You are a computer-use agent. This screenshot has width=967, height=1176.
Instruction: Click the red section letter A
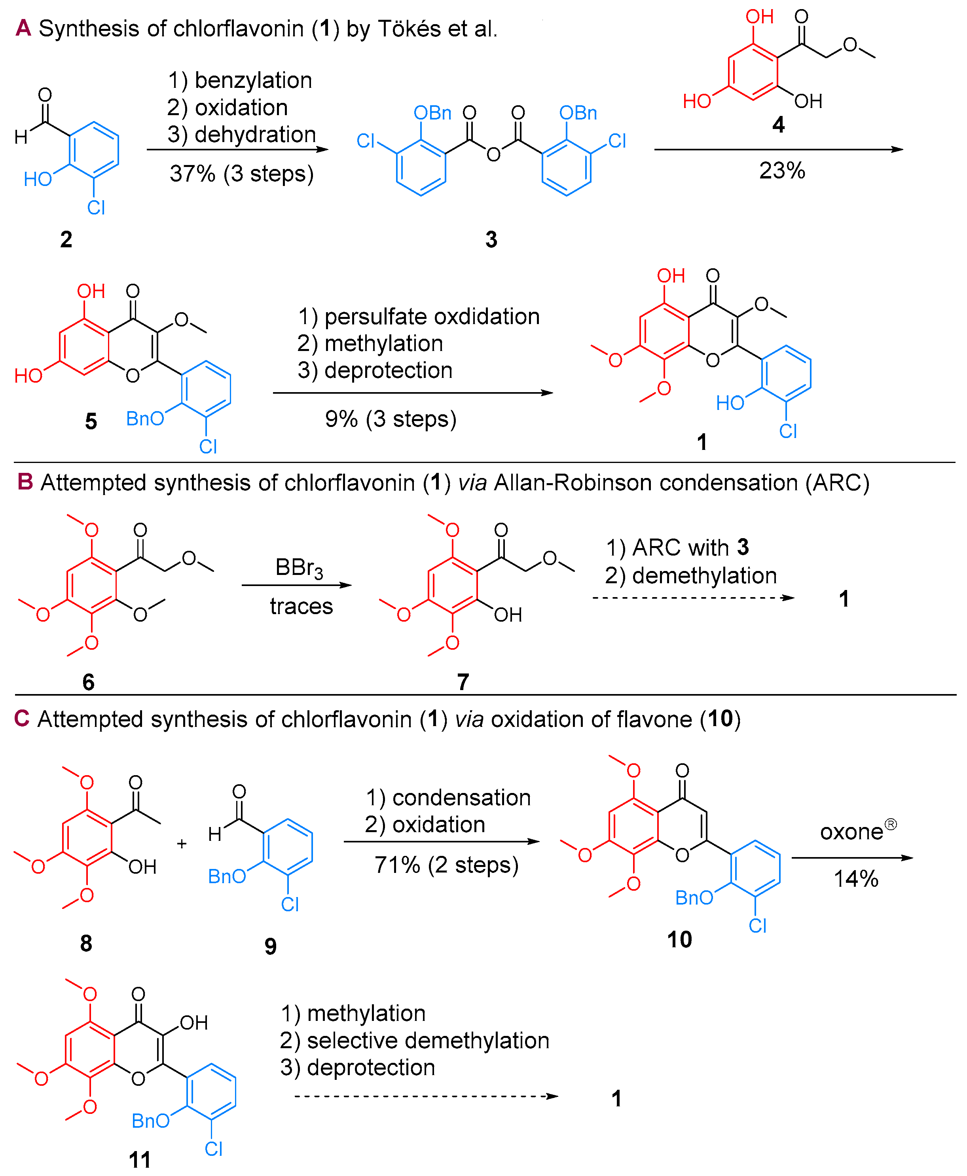point(23,28)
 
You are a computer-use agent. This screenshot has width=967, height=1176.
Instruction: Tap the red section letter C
point(22,719)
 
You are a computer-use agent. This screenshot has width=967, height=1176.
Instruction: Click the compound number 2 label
point(66,239)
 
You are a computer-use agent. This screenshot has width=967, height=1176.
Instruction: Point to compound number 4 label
point(778,125)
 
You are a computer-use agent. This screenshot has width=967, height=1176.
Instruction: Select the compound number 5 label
point(91,421)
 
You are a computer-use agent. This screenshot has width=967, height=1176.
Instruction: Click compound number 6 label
point(88,682)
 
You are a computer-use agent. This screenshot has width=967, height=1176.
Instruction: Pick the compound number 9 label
point(270,946)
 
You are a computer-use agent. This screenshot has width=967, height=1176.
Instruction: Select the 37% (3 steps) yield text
point(242,174)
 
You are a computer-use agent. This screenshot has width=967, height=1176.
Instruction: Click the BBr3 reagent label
point(299,568)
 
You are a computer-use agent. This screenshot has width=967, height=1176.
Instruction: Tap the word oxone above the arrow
point(851,832)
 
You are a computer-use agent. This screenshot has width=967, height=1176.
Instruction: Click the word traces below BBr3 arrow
point(301,606)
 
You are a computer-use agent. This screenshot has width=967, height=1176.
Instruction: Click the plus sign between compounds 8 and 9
point(182,844)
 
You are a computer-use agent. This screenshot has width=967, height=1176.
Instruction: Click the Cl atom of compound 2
point(96,208)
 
